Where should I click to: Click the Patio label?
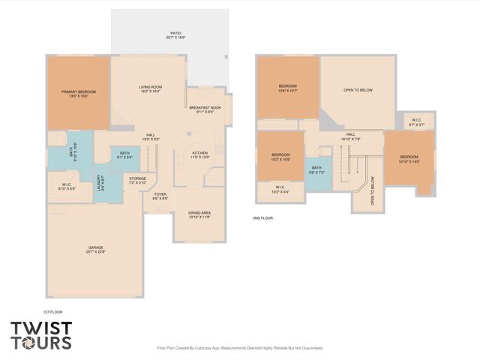tap(175, 35)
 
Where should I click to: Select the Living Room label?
tap(151, 89)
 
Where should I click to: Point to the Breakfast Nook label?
tap(205, 109)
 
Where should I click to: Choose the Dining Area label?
tap(199, 214)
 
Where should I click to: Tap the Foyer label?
tap(160, 196)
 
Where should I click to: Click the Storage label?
tap(137, 181)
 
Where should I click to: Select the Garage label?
tap(95, 249)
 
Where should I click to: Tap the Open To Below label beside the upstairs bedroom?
tap(358, 90)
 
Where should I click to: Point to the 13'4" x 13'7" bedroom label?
tap(288, 88)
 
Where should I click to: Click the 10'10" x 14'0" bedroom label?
tap(409, 158)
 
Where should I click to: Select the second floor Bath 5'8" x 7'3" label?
tap(316, 169)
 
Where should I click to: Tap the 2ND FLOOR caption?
tap(263, 217)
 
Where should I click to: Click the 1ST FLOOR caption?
tap(54, 310)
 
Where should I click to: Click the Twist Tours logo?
tap(41, 335)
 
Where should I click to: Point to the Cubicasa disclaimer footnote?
tap(240, 348)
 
